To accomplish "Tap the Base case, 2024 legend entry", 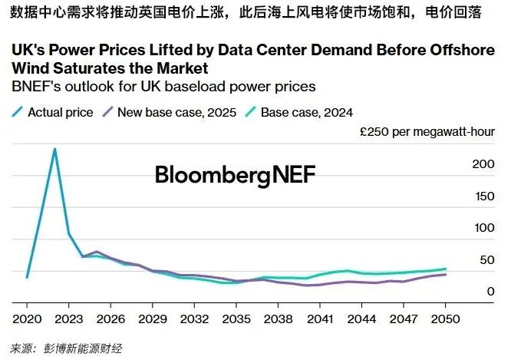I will (306, 112).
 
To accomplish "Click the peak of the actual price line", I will (54, 149).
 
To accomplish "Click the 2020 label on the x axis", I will (27, 317).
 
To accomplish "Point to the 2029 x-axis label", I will (153, 317).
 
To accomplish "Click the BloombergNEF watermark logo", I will (235, 174).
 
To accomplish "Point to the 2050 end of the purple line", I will (446, 274).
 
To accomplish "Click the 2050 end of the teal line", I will (446, 269).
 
